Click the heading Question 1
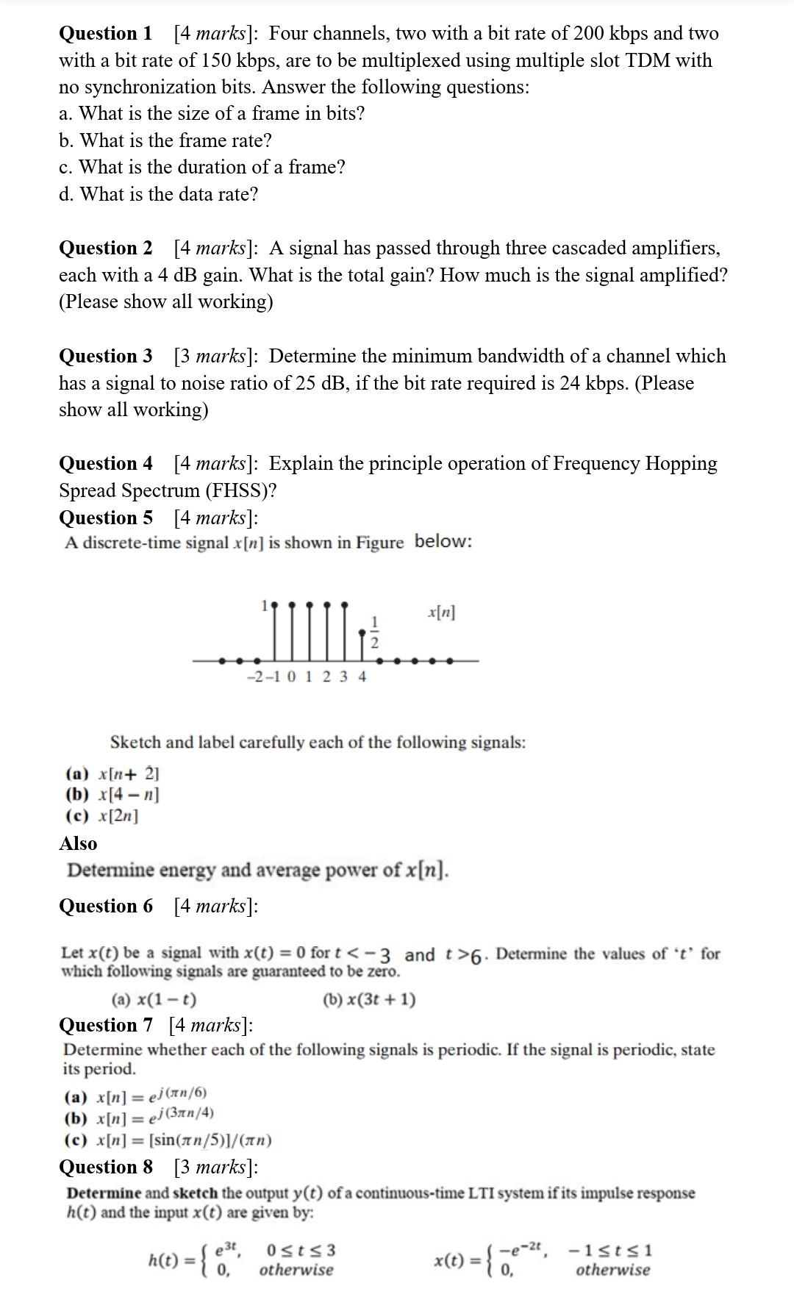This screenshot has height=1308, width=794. click(x=105, y=33)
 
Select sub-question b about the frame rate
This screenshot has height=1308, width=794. click(x=165, y=140)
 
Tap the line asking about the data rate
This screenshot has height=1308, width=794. click(x=159, y=194)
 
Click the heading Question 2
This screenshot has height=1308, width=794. click(x=105, y=248)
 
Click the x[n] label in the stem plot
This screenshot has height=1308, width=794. click(x=441, y=612)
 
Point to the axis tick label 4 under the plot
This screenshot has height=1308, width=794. click(x=362, y=676)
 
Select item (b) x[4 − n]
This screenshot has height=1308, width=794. click(x=113, y=795)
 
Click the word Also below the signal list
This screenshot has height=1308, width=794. click(x=78, y=843)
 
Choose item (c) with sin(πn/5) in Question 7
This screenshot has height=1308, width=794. click(x=169, y=1140)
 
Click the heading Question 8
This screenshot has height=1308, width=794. click(x=105, y=1167)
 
